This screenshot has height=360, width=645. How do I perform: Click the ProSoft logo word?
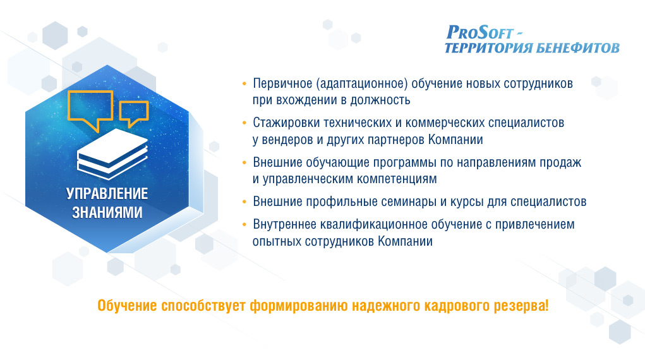click(480, 32)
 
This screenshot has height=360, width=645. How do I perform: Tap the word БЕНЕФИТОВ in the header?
click(577, 48)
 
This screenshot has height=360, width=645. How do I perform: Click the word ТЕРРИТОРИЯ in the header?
click(488, 48)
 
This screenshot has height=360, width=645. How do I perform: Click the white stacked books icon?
click(112, 154)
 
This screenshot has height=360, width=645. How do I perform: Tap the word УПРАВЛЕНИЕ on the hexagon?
click(107, 193)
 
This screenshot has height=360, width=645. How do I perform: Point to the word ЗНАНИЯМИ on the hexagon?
click(107, 212)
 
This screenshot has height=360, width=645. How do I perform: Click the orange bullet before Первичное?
click(244, 84)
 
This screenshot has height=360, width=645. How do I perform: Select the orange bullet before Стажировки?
click(244, 123)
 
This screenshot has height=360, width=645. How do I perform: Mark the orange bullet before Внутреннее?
click(244, 225)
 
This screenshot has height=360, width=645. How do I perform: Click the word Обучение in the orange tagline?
click(127, 306)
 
